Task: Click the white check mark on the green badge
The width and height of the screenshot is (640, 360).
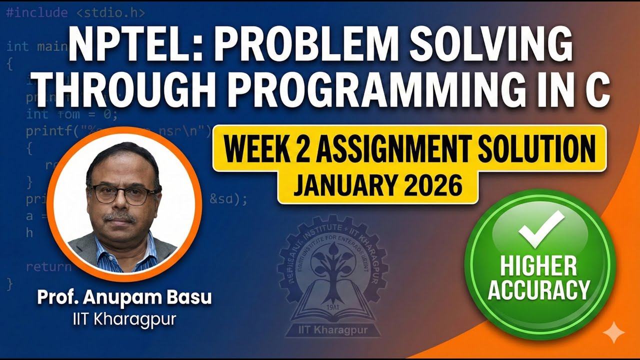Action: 540,228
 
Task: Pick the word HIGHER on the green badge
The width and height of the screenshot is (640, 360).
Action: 539,266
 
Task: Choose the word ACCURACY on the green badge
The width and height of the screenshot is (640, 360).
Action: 539,289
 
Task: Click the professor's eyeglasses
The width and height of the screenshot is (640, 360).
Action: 124,194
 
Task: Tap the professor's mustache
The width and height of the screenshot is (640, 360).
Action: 120,217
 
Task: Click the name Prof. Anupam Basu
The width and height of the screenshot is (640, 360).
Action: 124,298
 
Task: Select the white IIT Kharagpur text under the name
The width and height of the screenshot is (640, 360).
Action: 124,319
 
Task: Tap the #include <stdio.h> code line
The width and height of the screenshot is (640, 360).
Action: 75,12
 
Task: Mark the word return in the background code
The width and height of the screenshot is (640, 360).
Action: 48,266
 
